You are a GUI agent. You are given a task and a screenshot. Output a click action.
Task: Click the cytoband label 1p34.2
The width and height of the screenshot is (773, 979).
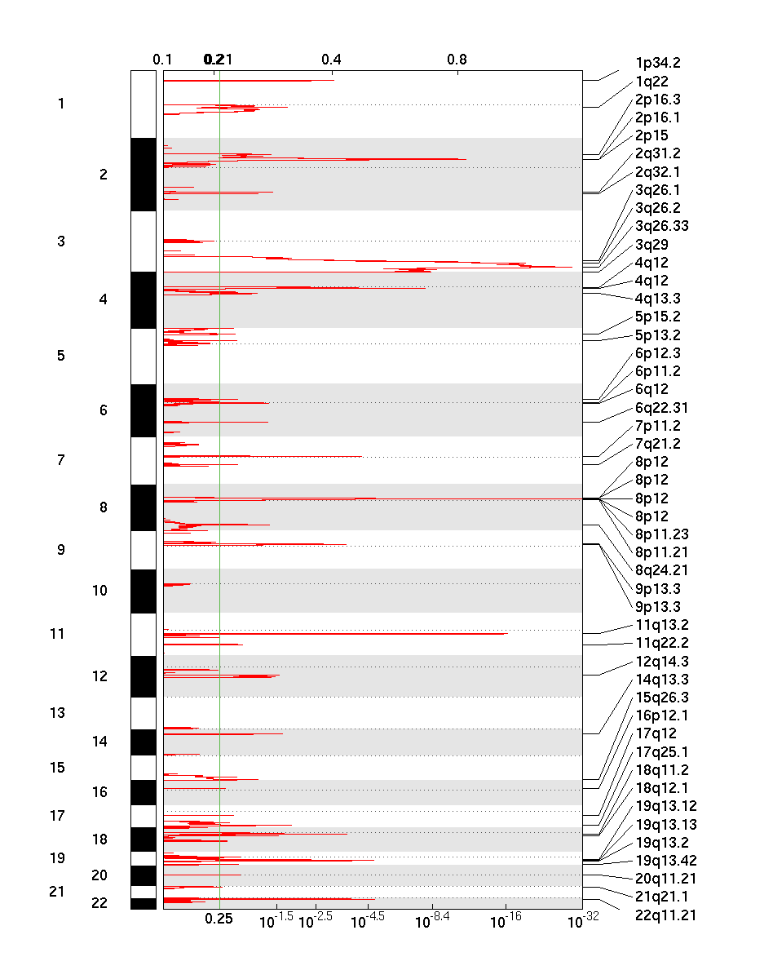pos(657,63)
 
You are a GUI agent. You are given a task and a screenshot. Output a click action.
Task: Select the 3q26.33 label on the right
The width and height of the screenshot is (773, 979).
pos(661,226)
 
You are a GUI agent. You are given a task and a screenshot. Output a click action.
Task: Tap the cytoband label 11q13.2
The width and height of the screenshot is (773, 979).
pos(661,625)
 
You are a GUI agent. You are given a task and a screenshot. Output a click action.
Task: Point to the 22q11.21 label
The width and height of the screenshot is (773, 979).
pos(665,915)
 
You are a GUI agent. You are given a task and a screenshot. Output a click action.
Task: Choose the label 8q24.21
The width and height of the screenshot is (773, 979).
pos(661,570)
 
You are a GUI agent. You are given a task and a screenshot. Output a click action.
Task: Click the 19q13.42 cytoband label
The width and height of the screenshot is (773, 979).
pos(665,861)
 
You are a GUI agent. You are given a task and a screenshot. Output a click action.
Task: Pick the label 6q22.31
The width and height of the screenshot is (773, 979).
pos(661,408)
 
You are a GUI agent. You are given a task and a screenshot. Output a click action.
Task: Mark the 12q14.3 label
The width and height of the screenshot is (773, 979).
pos(661,662)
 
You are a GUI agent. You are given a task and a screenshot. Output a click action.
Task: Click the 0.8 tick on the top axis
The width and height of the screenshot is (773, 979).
pos(457,59)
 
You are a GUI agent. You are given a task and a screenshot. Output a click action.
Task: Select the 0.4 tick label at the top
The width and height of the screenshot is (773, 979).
pos(331,59)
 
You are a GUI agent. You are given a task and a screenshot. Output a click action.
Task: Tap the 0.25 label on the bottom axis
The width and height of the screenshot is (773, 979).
pos(219,919)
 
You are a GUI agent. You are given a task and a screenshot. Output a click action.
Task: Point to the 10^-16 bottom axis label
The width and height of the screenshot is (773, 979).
pos(506,919)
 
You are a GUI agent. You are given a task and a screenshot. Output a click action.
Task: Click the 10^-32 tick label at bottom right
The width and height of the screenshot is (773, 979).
pos(581,919)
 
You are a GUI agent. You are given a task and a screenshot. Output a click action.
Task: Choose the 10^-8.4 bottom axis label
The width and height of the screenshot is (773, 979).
pos(434,919)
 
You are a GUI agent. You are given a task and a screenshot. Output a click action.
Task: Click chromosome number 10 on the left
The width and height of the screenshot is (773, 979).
pos(99,591)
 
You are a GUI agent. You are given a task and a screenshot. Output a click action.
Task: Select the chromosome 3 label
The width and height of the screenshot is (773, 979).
pos(61,241)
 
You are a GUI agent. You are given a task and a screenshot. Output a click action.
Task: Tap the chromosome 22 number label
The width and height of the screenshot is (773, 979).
pos(99,902)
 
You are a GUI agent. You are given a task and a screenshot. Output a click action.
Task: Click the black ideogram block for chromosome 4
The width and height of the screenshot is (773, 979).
pos(144,299)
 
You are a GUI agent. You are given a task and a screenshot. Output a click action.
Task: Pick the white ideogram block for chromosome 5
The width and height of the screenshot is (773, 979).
pos(144,356)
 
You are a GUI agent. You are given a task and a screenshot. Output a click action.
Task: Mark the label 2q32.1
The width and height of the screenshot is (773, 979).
pos(657,172)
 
